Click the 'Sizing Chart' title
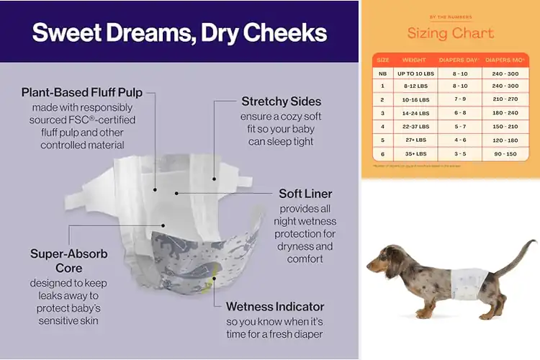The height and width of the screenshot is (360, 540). (451, 33)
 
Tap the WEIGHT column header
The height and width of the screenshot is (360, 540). (414, 60)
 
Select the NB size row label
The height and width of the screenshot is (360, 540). (383, 73)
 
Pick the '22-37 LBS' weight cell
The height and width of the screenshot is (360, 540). (414, 127)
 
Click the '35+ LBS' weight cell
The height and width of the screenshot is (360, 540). (414, 153)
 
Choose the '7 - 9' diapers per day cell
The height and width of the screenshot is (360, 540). (459, 99)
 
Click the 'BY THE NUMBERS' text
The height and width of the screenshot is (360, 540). (451, 17)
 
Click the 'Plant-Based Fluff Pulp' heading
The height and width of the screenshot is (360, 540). (82, 92)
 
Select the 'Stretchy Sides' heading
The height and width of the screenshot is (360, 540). (281, 101)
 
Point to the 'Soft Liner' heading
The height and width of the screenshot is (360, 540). (305, 194)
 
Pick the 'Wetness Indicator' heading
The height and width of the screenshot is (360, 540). (275, 306)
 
